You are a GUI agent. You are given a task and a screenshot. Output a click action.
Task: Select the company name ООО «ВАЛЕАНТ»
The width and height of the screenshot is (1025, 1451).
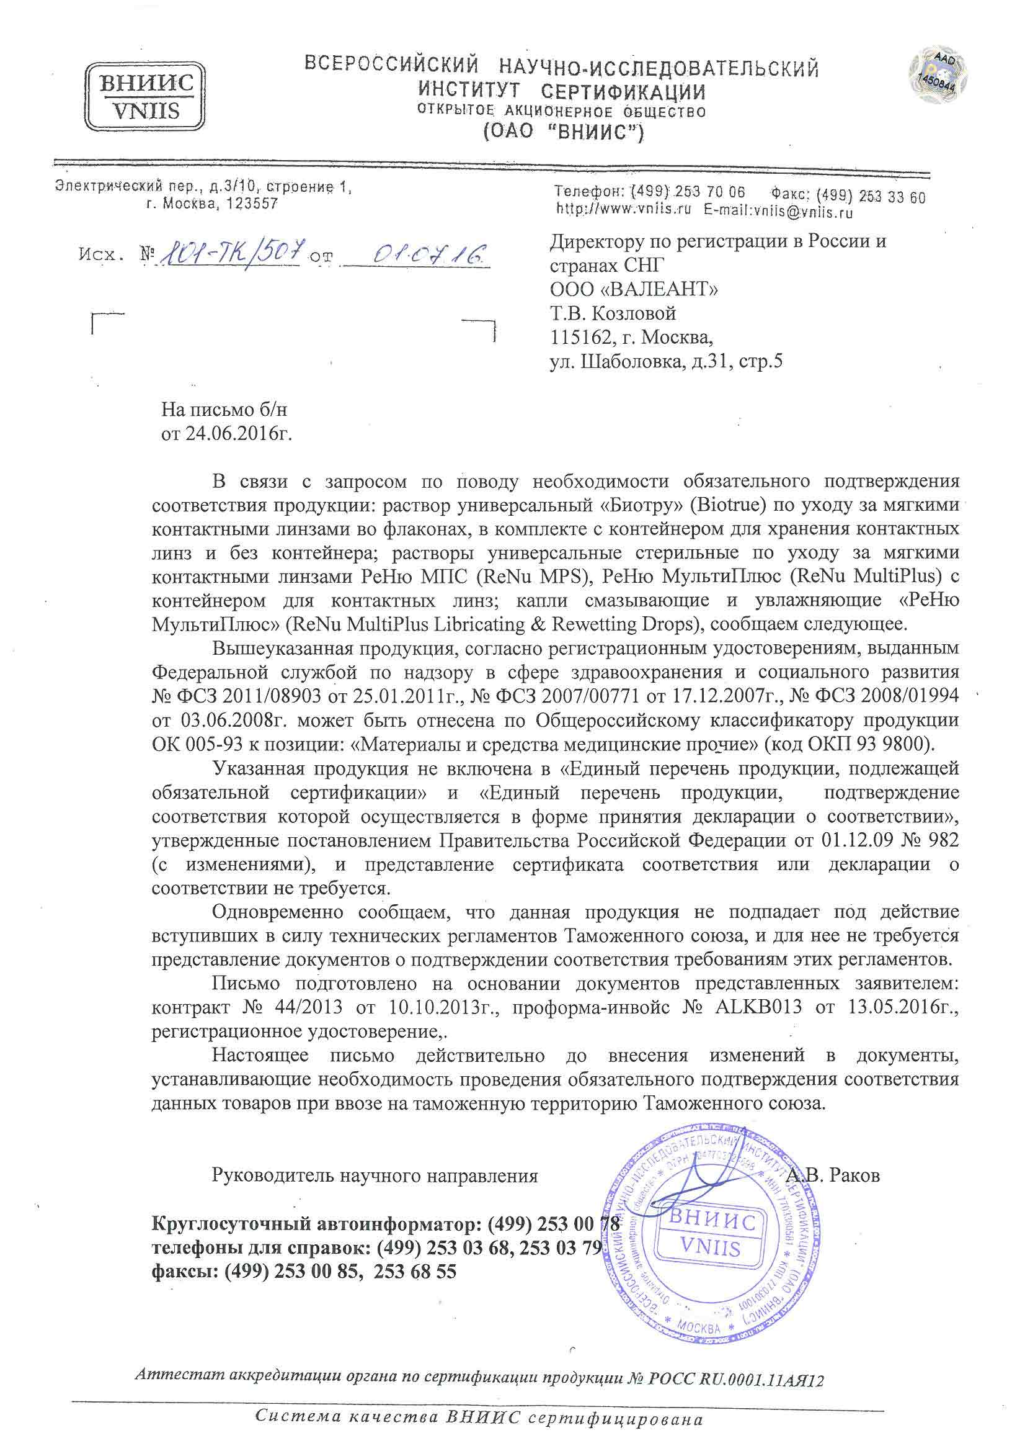[x=634, y=289]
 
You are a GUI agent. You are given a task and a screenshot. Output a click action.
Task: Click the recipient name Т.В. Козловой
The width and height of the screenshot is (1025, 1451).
[x=613, y=313]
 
